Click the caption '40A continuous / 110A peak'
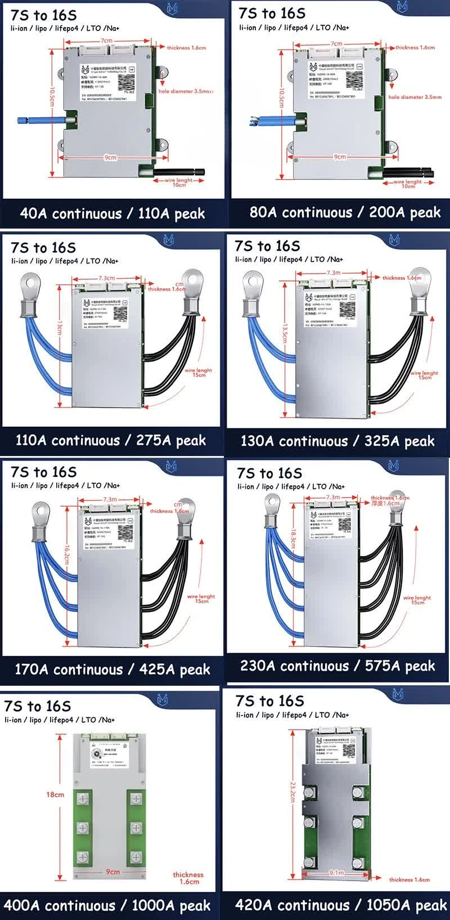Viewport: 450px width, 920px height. point(112,214)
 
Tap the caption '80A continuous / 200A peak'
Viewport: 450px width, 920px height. point(345,212)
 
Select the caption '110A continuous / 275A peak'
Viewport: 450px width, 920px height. point(111,440)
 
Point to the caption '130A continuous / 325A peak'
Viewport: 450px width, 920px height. point(337,441)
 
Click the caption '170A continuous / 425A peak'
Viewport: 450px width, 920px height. point(112,669)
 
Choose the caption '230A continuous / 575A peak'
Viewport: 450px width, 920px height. point(337,666)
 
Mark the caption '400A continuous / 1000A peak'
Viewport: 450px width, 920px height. point(107,905)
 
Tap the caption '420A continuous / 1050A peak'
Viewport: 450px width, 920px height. point(341,905)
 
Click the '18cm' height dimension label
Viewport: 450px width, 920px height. point(55,794)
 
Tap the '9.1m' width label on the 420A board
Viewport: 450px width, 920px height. point(336,873)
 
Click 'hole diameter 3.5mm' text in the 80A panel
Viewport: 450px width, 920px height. point(415,97)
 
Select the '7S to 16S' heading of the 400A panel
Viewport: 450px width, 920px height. point(38,706)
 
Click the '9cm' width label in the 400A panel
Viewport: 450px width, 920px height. point(113,872)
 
